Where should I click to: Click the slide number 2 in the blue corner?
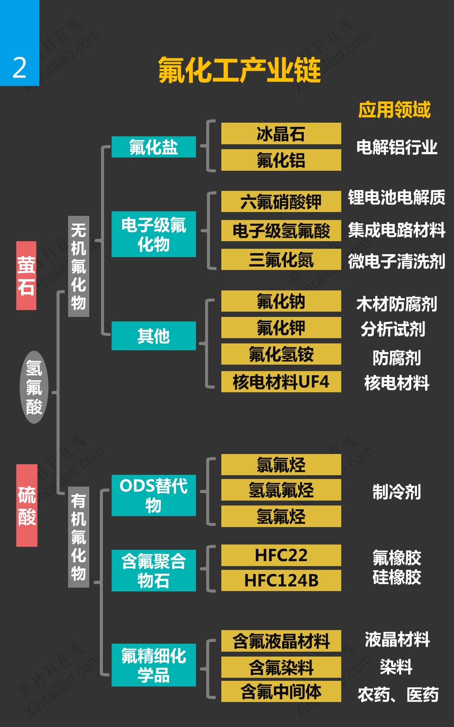19,68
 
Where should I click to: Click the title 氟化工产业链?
239,70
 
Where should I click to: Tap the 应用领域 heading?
394,110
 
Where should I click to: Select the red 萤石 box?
26,276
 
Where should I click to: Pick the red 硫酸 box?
27,505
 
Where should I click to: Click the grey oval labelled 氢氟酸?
34,387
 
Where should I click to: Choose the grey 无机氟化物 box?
78,266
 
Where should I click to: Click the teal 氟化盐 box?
154,147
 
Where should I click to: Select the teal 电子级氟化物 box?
154,234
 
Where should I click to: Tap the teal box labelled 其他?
154,336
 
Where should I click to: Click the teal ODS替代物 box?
154,495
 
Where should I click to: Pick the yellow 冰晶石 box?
281,134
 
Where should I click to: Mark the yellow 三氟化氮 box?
281,260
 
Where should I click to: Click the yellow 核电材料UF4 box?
281,382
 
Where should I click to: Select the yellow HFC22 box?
281,555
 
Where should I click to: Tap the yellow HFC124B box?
281,580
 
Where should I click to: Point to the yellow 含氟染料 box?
281,667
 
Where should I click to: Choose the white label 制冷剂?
396,492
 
